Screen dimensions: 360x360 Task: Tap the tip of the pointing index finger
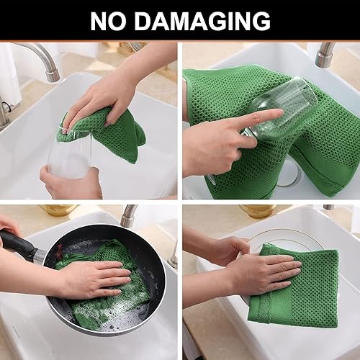point(279,113)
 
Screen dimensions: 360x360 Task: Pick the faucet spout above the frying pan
point(128,215)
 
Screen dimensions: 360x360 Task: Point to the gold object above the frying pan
point(58,210)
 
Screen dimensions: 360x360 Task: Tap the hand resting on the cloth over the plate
point(270,274)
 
